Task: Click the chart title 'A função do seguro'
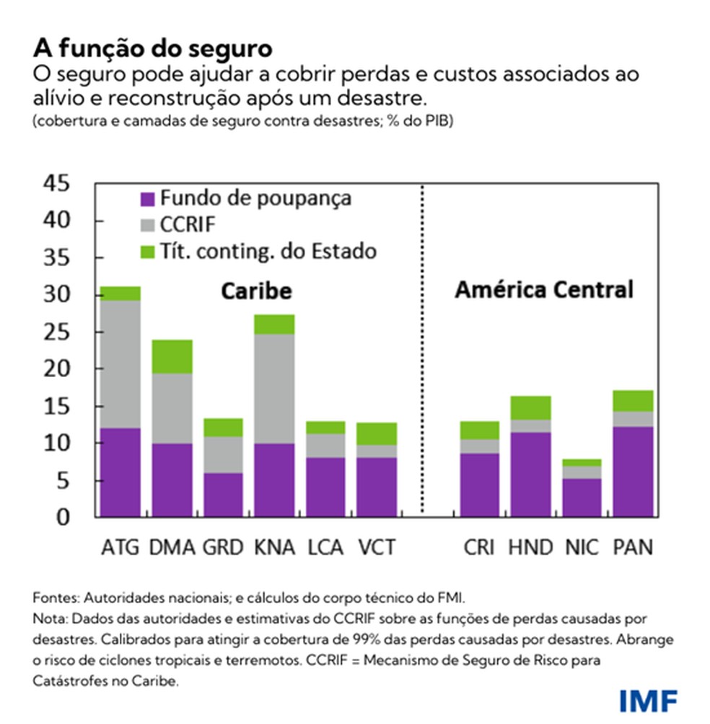(x=153, y=49)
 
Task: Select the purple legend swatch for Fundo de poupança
(x=147, y=199)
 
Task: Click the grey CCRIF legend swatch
(x=147, y=225)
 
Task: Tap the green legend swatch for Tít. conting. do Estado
(x=147, y=252)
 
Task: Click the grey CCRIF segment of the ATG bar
(x=120, y=364)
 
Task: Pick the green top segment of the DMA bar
(x=172, y=356)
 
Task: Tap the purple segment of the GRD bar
(x=223, y=495)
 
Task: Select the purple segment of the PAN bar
(x=633, y=472)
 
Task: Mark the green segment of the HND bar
(x=530, y=407)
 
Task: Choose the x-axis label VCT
(x=377, y=547)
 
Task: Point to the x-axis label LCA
(x=325, y=547)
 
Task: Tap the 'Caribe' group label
(x=255, y=291)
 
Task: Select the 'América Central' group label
(x=544, y=290)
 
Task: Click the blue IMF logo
(x=648, y=699)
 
